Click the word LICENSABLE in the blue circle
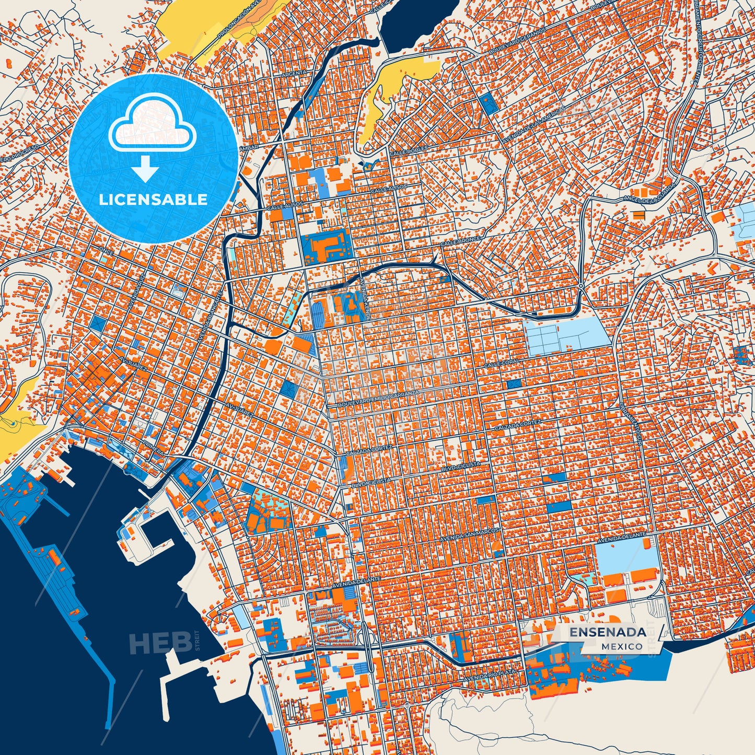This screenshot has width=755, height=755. tap(153, 200)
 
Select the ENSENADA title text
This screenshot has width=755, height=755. tap(607, 632)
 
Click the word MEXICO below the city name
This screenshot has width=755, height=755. tap(622, 646)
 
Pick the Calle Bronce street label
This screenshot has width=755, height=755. tap(460, 241)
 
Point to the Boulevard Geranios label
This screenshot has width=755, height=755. tap(517, 41)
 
